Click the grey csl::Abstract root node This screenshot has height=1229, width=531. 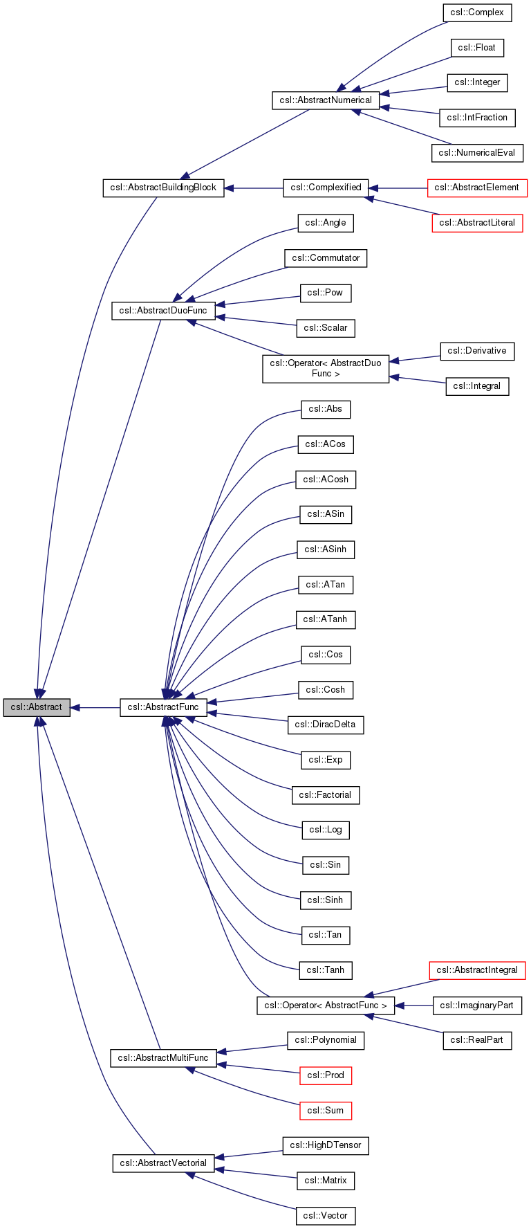pos(37,707)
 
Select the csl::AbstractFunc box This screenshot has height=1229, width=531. pos(163,707)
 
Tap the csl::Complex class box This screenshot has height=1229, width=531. pos(477,12)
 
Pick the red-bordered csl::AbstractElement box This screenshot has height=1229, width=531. pos(477,188)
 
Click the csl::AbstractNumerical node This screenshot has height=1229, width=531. pos(326,100)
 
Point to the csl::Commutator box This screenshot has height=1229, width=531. pos(326,258)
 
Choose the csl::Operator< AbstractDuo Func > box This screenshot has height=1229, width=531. pos(326,368)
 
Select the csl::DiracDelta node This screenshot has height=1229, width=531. pos(325,725)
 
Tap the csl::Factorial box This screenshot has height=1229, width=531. pos(325,795)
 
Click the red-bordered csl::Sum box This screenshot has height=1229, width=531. pos(325,1111)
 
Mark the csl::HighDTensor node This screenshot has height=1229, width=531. pos(325,1145)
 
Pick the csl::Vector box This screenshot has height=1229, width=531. pos(325,1216)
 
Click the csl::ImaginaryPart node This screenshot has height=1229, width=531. pos(477,1005)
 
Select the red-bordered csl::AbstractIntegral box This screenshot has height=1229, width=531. pos(477,970)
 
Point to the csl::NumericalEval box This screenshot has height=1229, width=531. pos(477,153)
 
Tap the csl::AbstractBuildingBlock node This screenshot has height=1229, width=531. pos(163,188)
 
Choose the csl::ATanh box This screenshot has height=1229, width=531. pos(325,619)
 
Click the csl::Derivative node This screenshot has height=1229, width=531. pos(477,351)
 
